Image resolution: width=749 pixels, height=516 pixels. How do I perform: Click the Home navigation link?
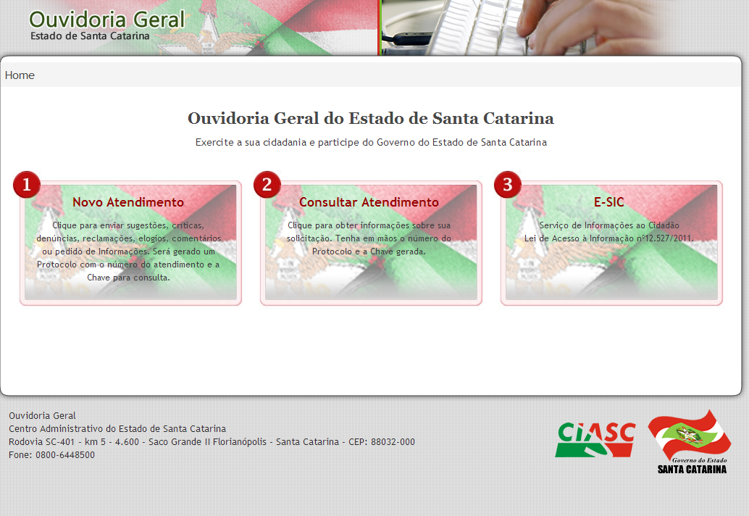coord(20,75)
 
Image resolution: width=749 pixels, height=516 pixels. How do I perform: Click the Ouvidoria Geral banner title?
coord(107,20)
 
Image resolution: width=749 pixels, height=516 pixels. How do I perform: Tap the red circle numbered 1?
coord(27,184)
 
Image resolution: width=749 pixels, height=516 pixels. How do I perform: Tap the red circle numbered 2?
coord(267,184)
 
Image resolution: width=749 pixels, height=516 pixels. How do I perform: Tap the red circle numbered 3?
coord(507,184)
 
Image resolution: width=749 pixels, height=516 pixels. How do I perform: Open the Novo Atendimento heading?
coord(128,202)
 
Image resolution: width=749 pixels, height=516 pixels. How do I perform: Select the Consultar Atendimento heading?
coord(369,202)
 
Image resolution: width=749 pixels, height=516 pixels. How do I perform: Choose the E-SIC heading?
coord(609,202)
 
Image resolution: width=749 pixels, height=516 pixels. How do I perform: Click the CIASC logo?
coord(595,440)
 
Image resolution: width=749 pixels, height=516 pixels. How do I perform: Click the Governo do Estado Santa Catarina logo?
coord(690,442)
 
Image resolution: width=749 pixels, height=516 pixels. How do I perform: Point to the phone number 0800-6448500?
coord(65,455)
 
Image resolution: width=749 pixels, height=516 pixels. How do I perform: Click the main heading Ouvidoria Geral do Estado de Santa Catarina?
coord(371,118)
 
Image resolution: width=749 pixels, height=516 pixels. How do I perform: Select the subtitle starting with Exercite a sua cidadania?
coord(371,142)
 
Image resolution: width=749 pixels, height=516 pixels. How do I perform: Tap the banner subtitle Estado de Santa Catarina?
coord(90,36)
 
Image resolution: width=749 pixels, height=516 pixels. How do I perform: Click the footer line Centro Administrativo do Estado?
coord(117,428)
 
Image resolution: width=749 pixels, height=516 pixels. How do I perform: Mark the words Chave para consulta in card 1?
coord(128,278)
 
